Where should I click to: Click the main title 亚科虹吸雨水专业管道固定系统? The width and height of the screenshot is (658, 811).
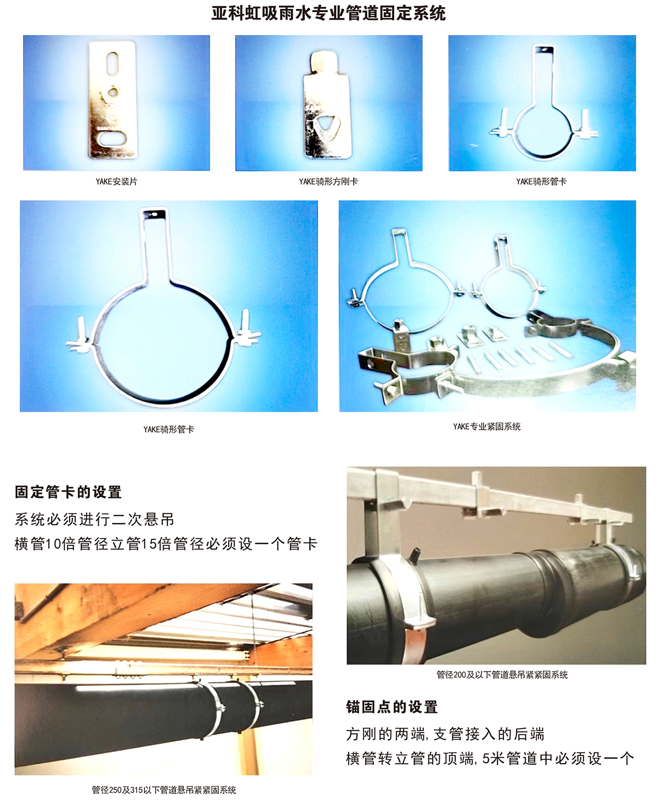(328, 13)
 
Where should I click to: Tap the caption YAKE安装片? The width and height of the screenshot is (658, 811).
(116, 182)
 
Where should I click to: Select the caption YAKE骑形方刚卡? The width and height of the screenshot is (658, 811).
(328, 182)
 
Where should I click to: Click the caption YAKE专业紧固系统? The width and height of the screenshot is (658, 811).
(486, 426)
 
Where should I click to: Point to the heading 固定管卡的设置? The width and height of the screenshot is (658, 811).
(68, 492)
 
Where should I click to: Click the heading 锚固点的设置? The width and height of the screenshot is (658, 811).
(392, 707)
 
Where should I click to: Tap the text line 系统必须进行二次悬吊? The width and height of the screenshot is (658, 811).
(94, 519)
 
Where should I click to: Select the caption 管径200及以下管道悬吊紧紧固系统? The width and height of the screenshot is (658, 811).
(502, 675)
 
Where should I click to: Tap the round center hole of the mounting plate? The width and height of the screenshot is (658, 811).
(113, 92)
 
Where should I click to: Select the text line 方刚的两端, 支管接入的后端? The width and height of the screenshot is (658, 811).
(445, 734)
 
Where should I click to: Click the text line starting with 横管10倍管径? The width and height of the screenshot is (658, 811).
(166, 544)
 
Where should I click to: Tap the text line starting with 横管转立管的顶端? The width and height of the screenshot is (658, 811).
(490, 758)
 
